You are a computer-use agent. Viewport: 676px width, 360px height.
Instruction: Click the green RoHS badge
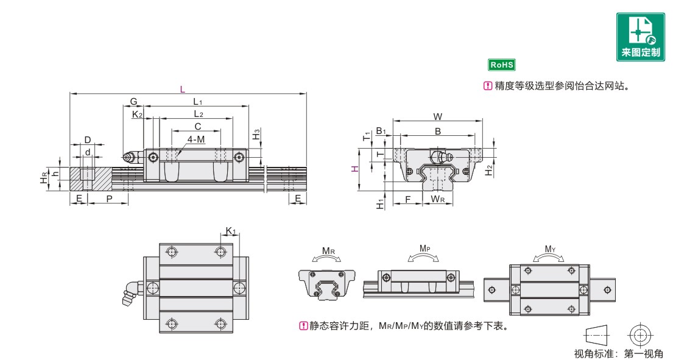(x=502, y=65)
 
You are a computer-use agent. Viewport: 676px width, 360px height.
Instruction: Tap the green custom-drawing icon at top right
(x=641, y=37)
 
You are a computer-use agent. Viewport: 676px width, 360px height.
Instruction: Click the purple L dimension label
(x=182, y=90)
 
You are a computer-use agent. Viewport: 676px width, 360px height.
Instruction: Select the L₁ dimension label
(x=197, y=102)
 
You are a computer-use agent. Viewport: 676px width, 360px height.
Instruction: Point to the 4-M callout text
(x=196, y=139)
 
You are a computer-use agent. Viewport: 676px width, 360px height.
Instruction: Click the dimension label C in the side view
(x=198, y=126)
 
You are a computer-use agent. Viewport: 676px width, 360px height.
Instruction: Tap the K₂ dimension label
(x=137, y=115)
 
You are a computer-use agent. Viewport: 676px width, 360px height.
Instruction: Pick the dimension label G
(x=133, y=102)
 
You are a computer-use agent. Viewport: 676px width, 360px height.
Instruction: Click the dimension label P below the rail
(x=109, y=199)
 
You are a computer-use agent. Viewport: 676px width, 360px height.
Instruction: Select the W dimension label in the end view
(x=438, y=117)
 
